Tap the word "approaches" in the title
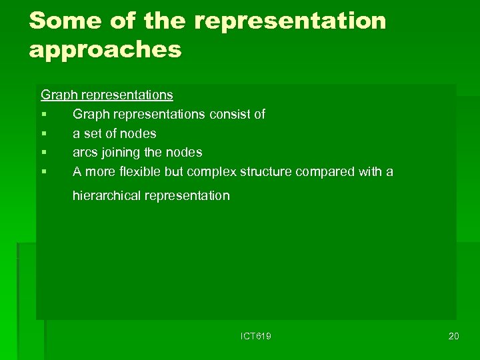[x=105, y=50]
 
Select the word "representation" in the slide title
[x=290, y=21]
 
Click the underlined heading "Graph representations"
[x=107, y=95]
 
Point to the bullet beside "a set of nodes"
[x=43, y=134]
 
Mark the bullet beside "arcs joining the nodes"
[x=43, y=153]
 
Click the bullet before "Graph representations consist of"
[x=43, y=115]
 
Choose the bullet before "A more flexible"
[x=43, y=172]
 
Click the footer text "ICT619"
[x=255, y=337]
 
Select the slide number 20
[x=453, y=336]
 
